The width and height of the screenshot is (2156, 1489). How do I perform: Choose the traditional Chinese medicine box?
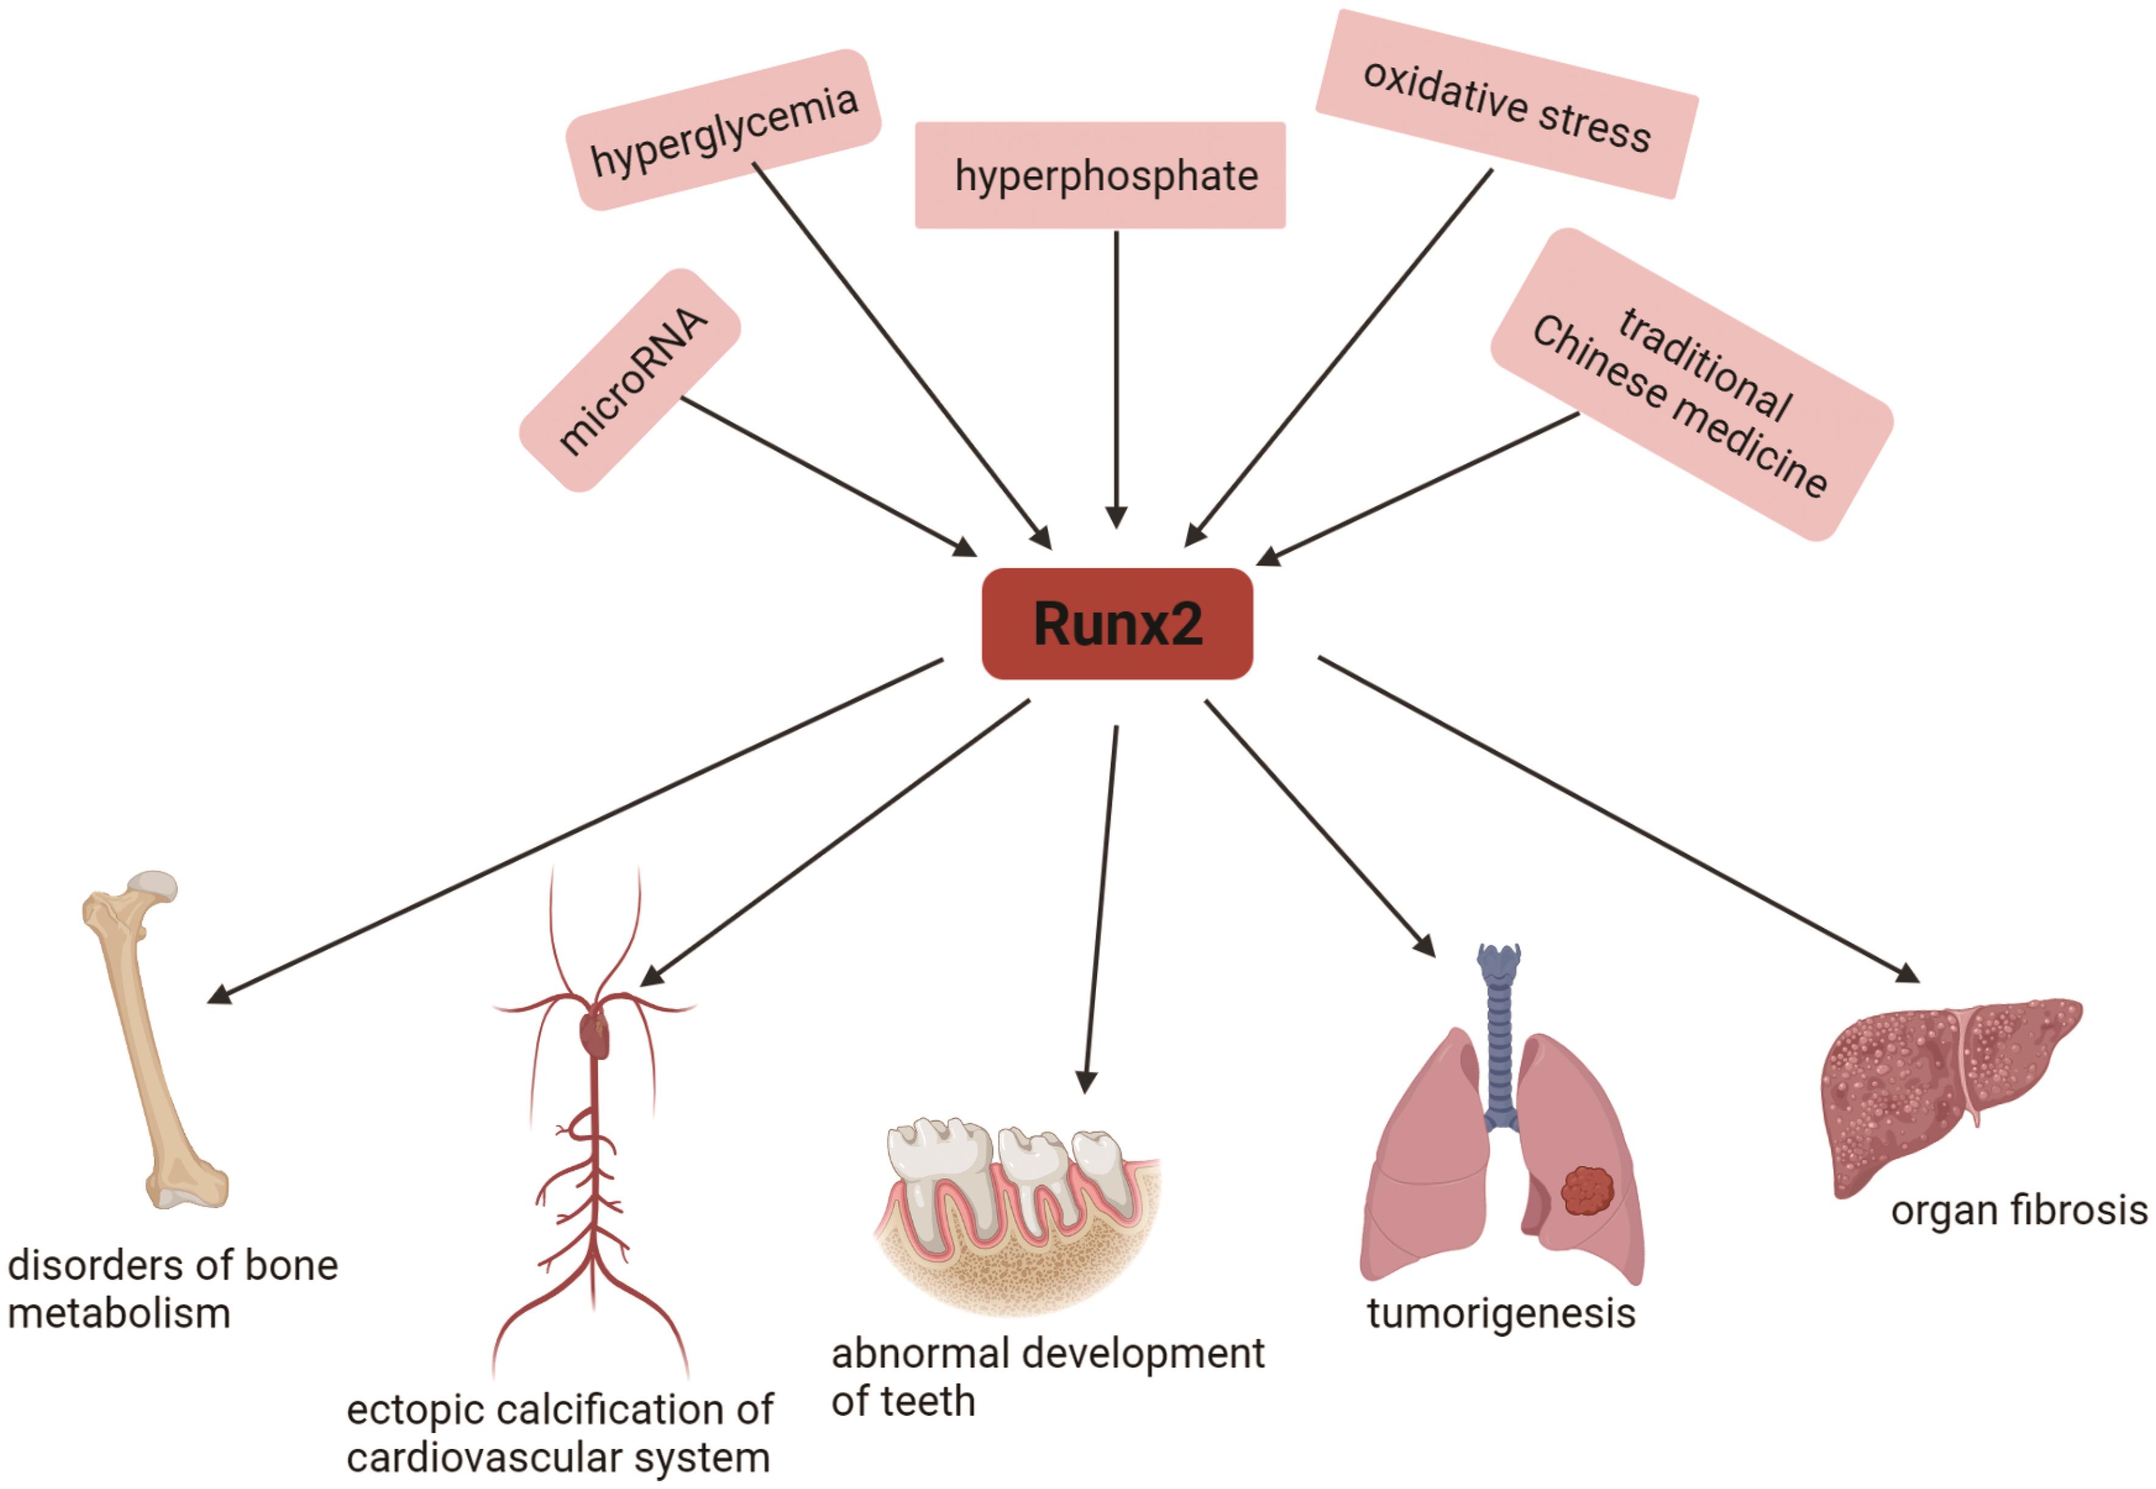1690,384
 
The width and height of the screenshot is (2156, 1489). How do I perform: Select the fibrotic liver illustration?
1941,1092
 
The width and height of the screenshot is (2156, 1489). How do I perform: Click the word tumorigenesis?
1501,1314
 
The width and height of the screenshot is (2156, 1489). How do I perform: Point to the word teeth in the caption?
929,1402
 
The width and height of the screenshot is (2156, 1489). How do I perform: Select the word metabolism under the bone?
119,1314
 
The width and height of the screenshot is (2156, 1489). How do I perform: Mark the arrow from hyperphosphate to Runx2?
1116,373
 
